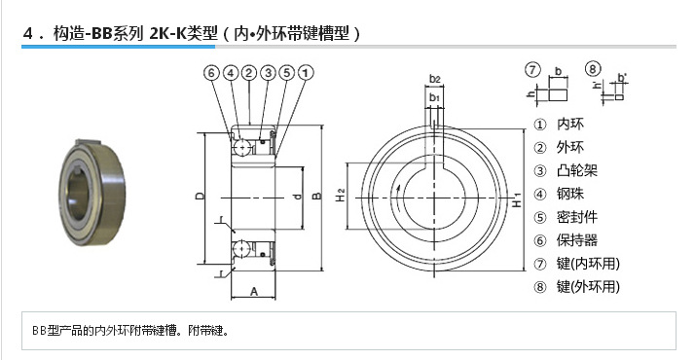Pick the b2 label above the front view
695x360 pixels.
tap(435, 78)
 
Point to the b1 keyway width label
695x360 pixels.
tap(435, 98)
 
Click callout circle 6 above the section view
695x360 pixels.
tap(212, 73)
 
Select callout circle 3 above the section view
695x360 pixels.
tap(267, 73)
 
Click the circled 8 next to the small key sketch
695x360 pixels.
tap(592, 69)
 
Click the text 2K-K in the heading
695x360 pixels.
tap(169, 34)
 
